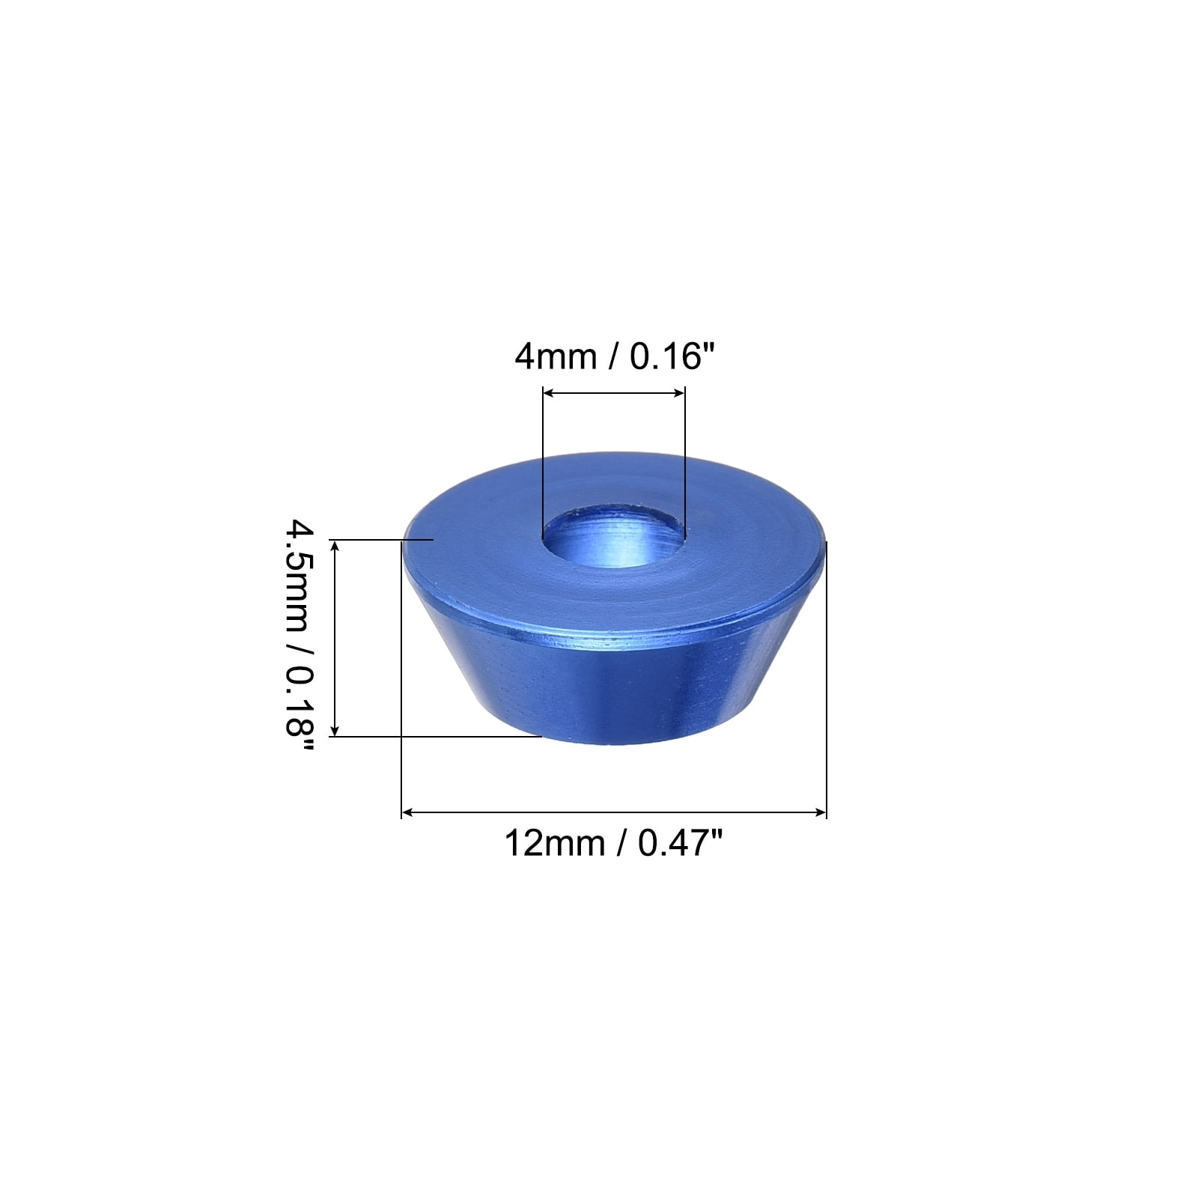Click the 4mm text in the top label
click(x=555, y=356)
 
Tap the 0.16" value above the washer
click(x=667, y=356)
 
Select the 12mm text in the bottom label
click(x=554, y=843)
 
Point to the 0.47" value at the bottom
click(x=679, y=843)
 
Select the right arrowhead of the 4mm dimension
click(x=678, y=392)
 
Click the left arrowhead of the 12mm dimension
click(x=409, y=812)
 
